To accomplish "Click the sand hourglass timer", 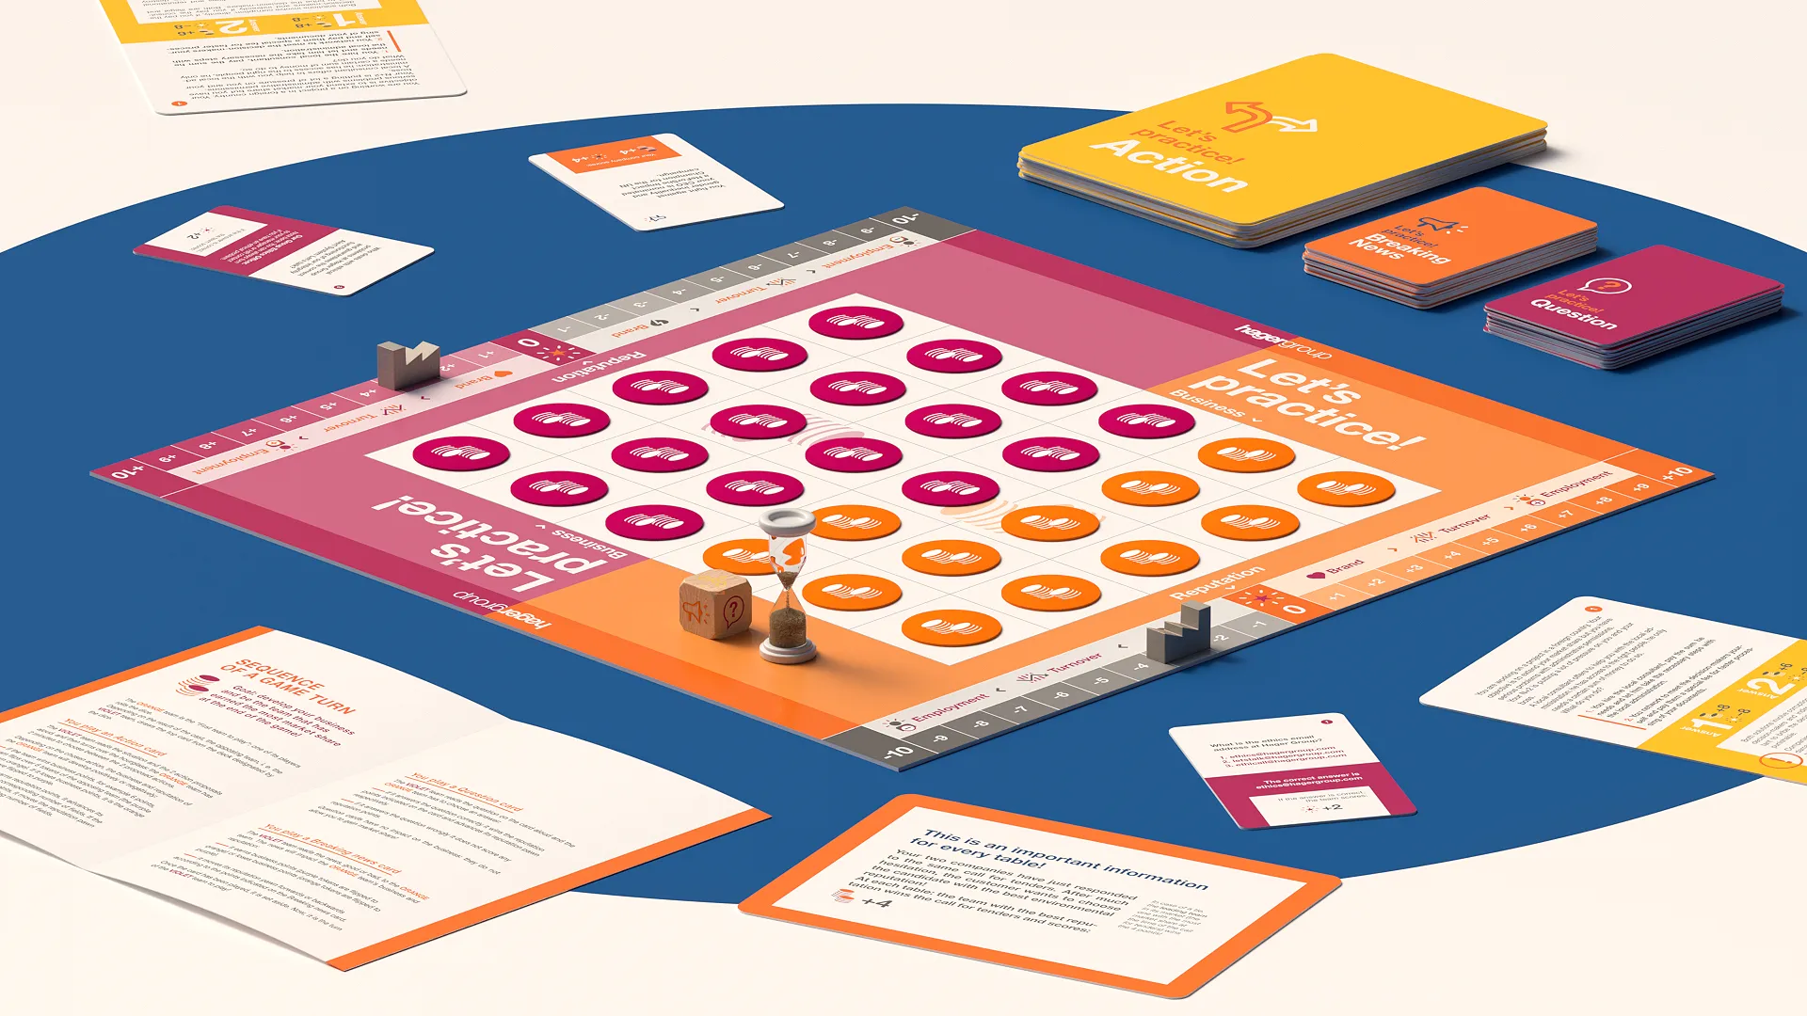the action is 789,588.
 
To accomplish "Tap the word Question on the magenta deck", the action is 1573,314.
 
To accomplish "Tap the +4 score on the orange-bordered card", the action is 875,902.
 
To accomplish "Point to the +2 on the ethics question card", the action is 1331,807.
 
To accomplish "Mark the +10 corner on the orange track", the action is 1678,473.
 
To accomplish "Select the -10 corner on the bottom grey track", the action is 898,752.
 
